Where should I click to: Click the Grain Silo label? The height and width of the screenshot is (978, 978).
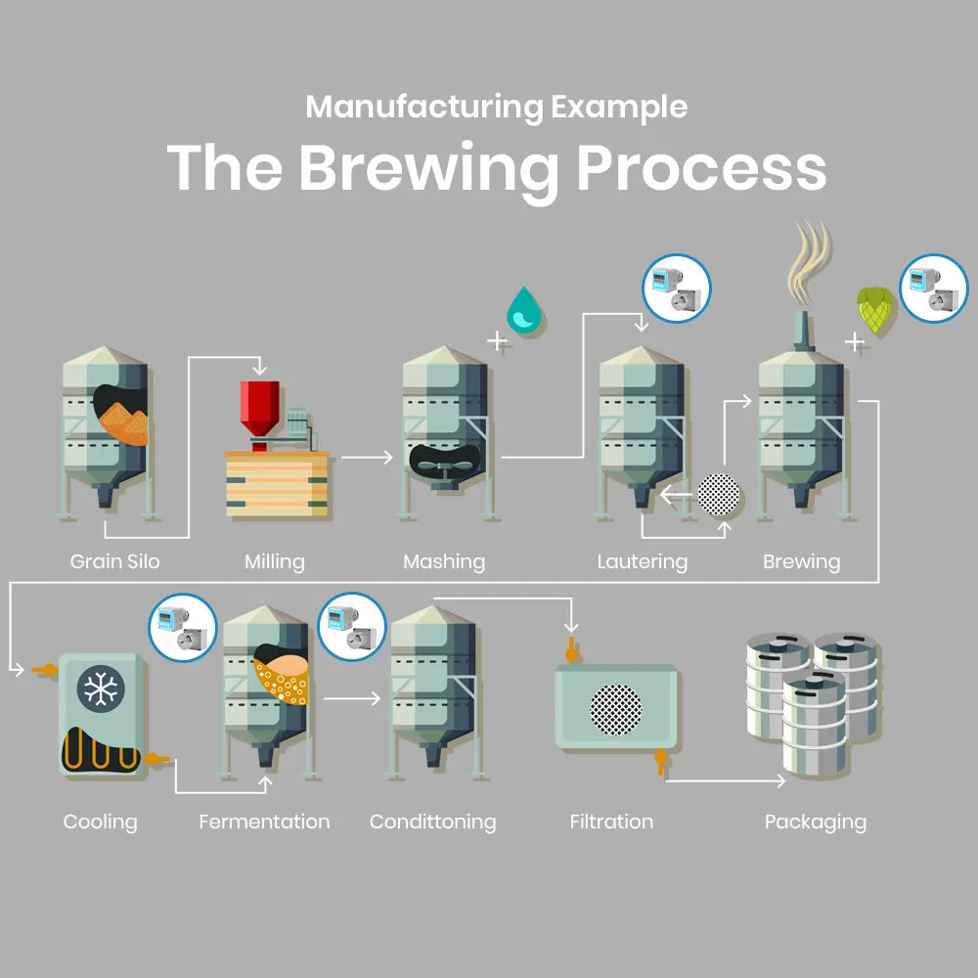[114, 561]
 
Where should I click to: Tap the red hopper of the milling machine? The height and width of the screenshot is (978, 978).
[259, 406]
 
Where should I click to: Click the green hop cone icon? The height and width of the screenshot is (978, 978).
[873, 308]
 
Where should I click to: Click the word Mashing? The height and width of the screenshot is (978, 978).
[444, 561]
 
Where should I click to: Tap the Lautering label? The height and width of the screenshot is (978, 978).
[642, 561]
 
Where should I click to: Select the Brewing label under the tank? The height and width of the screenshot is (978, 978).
[801, 561]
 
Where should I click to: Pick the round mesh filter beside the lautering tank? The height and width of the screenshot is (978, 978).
[721, 496]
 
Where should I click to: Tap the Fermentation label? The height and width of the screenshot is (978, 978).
[264, 822]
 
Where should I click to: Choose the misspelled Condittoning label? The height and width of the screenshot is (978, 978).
[432, 822]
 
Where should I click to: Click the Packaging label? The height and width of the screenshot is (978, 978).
[816, 822]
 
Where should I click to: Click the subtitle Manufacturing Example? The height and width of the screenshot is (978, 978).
[497, 106]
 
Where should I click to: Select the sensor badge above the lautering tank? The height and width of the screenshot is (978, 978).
[676, 289]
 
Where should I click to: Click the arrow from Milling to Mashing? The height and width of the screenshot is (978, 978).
[367, 456]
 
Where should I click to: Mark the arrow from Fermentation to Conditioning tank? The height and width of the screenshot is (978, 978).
[352, 698]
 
